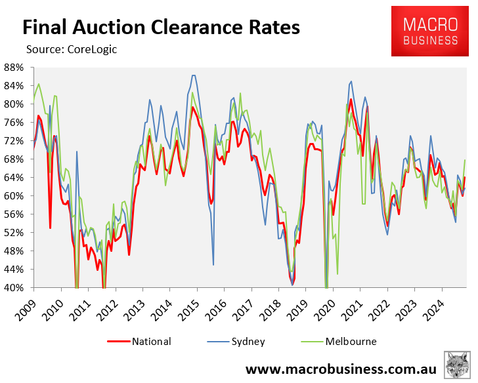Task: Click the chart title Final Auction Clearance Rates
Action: click(161, 28)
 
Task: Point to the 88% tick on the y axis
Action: click(14, 68)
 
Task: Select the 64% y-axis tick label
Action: click(14, 177)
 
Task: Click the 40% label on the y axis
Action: click(14, 287)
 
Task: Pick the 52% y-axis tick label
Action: click(14, 232)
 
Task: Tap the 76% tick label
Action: click(14, 123)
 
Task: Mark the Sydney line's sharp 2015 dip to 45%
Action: click(213, 264)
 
